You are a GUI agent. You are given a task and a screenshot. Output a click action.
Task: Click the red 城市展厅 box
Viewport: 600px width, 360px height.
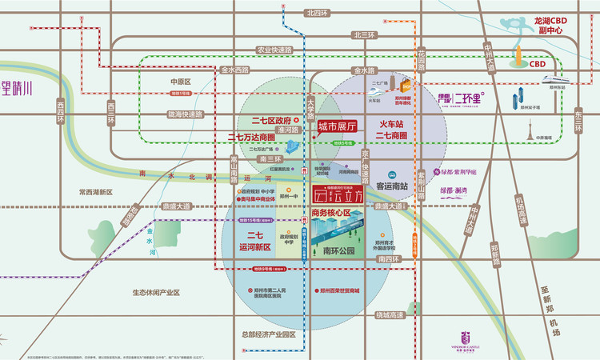(335, 126)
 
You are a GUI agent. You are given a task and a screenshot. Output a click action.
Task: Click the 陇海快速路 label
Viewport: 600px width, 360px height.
(186, 114)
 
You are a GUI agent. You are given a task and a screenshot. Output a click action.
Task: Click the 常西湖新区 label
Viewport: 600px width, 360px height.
(98, 192)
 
